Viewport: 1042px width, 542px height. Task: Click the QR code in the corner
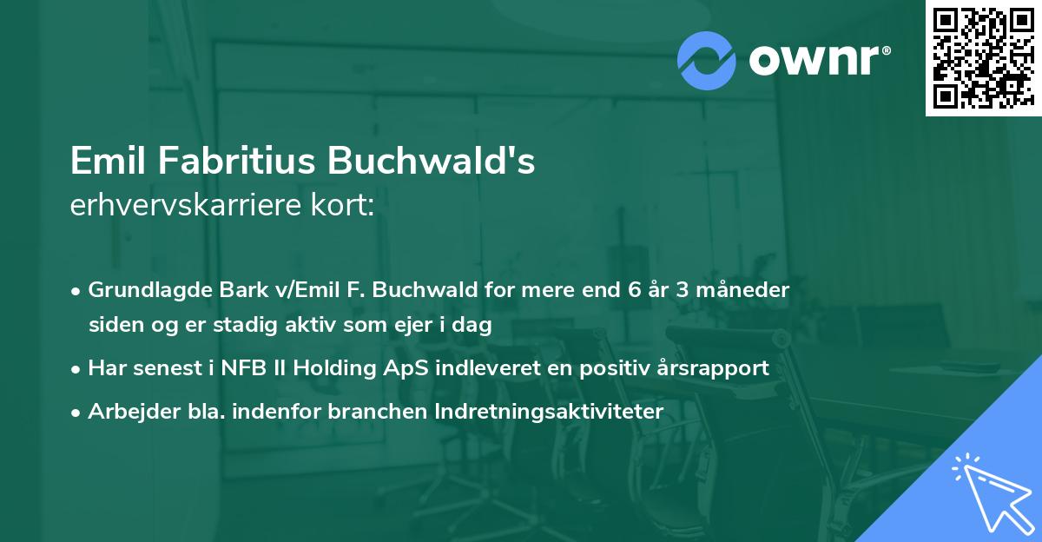click(983, 58)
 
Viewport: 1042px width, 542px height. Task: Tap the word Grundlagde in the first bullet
click(142, 290)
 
